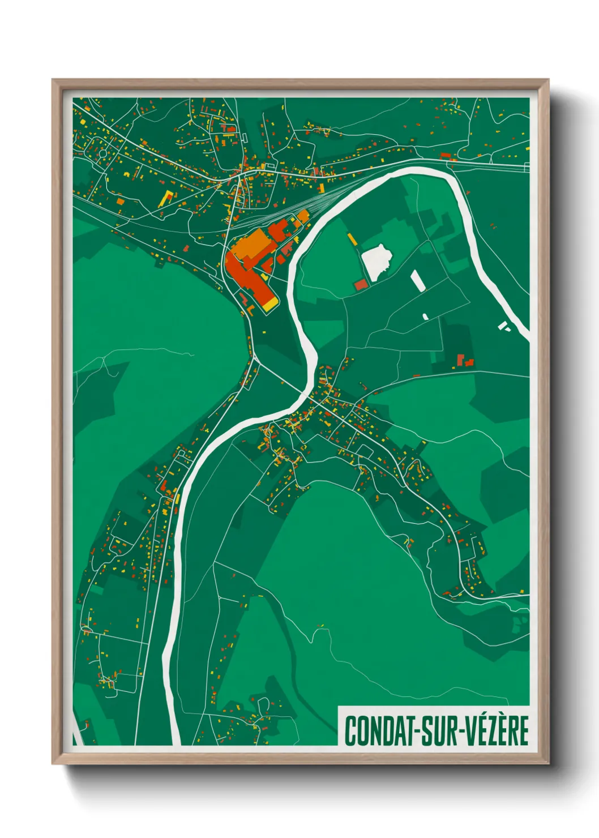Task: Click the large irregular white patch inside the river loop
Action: tap(377, 260)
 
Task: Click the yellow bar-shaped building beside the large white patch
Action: tap(352, 239)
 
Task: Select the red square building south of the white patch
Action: tap(361, 285)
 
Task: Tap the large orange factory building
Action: tap(251, 246)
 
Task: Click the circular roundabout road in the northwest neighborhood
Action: tap(102, 153)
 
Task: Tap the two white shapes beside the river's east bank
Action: tap(503, 326)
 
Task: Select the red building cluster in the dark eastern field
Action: tap(464, 360)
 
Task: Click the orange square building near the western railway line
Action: tap(119, 200)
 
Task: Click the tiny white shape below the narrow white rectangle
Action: tap(425, 317)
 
